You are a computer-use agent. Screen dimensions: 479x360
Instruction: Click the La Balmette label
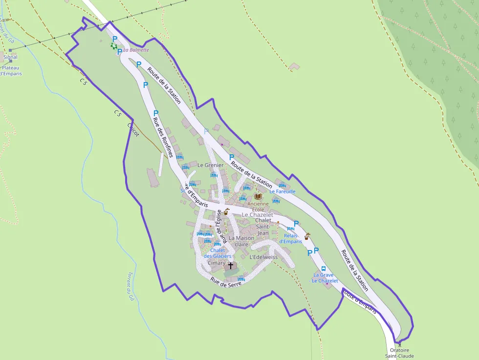(136, 50)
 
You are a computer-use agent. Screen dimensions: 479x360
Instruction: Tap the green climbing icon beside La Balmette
(114, 46)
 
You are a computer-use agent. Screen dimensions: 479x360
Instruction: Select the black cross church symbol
(231, 266)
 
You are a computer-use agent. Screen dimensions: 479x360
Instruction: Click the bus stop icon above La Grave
(323, 269)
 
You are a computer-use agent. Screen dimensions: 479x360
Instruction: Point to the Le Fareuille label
(282, 191)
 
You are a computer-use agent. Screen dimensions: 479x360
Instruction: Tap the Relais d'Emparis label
(291, 238)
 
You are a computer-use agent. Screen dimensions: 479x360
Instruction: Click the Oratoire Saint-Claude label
(399, 353)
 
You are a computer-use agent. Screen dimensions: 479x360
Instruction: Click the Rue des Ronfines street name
(163, 137)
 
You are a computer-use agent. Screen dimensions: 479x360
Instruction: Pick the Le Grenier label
(210, 165)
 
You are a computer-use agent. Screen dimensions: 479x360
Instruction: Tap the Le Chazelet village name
(258, 215)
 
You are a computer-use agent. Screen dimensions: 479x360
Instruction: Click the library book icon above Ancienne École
(258, 196)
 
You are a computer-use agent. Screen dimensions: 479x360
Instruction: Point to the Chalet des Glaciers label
(218, 253)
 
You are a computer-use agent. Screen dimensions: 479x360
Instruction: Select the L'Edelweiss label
(263, 257)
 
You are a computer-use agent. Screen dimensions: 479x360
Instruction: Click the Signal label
(10, 57)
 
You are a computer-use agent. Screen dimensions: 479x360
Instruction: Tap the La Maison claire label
(241, 241)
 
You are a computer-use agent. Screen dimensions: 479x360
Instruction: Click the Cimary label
(217, 263)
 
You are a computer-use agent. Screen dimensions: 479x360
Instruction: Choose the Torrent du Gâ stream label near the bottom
(131, 286)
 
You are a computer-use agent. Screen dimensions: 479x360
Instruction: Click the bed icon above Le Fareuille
(282, 185)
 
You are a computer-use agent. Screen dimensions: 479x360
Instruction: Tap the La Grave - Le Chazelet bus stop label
(324, 278)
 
